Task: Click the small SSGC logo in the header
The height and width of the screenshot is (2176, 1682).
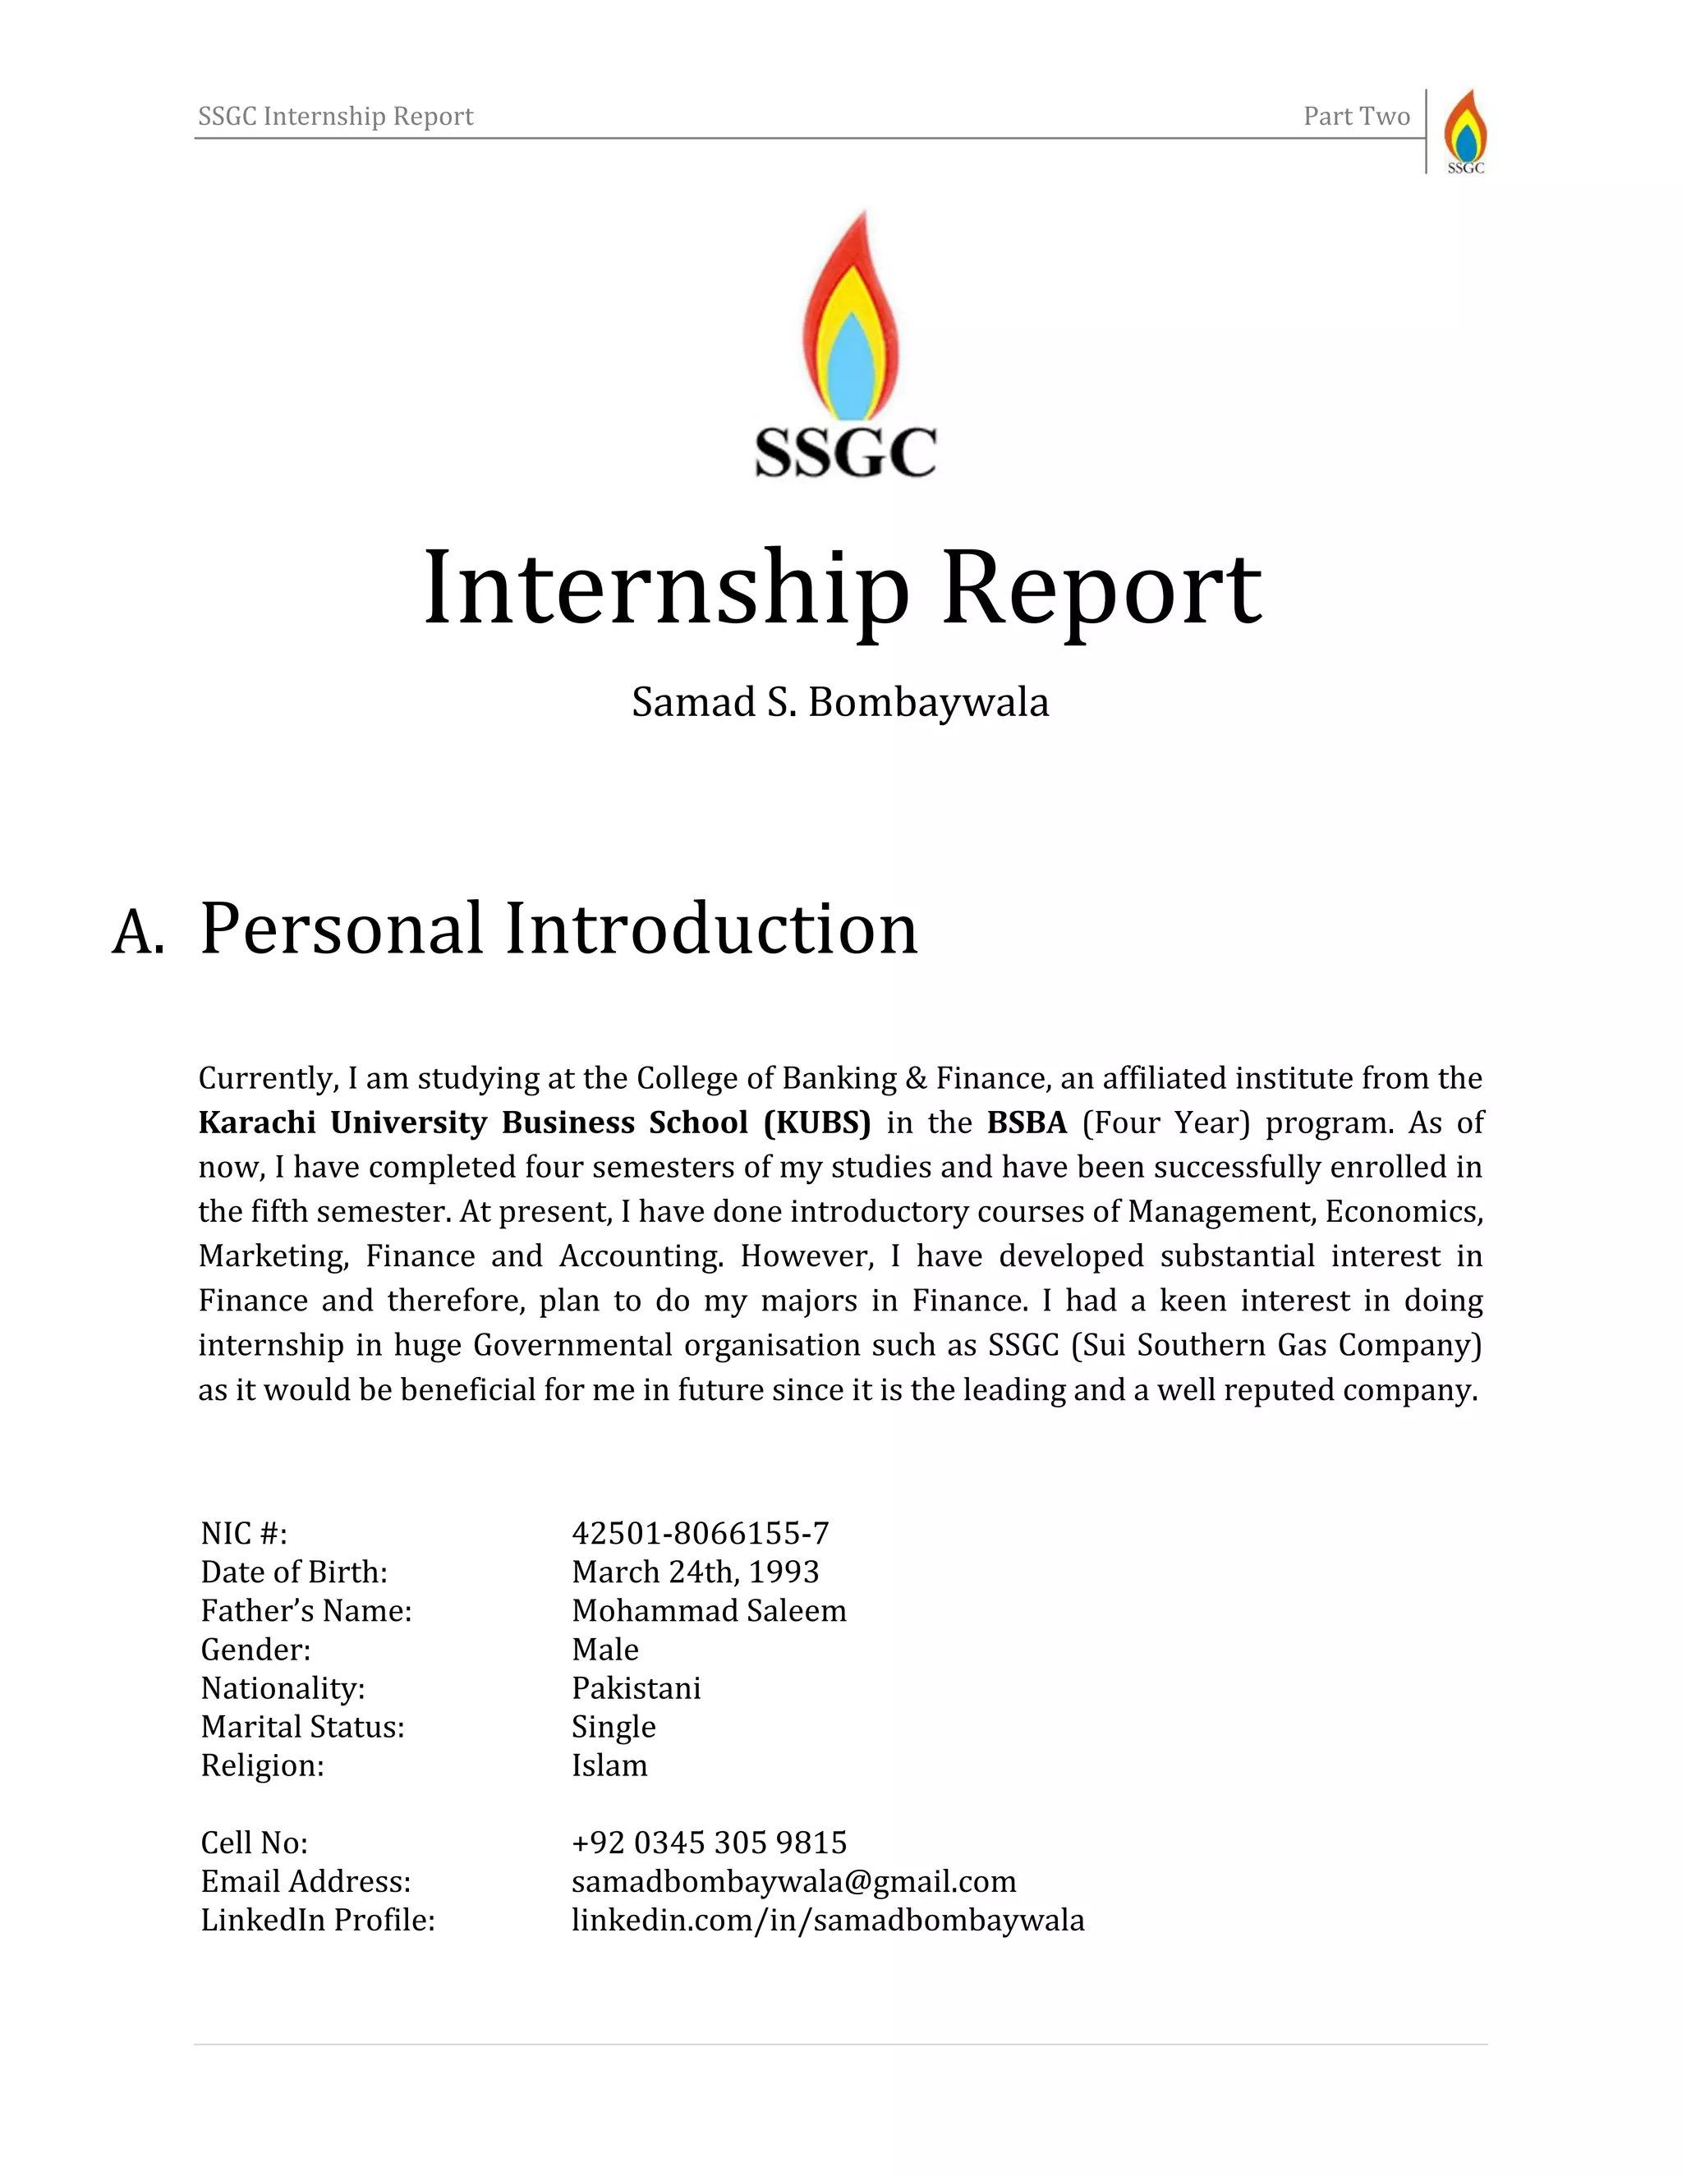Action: tap(1465, 131)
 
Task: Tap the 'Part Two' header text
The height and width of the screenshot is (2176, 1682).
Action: tap(1356, 117)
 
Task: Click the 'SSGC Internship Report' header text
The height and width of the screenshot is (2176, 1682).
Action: tap(336, 117)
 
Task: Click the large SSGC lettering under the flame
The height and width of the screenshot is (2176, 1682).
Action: tap(845, 452)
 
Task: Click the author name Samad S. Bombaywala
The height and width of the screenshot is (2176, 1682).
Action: tap(840, 702)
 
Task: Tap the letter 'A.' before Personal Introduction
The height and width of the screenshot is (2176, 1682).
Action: tap(137, 934)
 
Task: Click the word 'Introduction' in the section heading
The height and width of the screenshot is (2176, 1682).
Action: tap(710, 929)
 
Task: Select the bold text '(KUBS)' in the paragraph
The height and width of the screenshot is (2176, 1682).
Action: tap(817, 1122)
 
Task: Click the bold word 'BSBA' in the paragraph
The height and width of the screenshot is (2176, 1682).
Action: tap(1027, 1122)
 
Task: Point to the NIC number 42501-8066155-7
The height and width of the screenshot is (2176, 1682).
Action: tap(700, 1532)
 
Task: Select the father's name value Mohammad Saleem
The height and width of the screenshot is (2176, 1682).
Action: tap(709, 1610)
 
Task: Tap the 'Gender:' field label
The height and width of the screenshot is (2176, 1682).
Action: tap(256, 1649)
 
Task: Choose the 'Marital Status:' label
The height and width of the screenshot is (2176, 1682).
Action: tap(303, 1727)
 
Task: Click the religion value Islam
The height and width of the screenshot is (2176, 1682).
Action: tap(609, 1765)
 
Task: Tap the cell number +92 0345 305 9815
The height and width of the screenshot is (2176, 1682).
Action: tap(709, 1843)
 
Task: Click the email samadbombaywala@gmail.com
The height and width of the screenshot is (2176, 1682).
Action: tap(793, 1881)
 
